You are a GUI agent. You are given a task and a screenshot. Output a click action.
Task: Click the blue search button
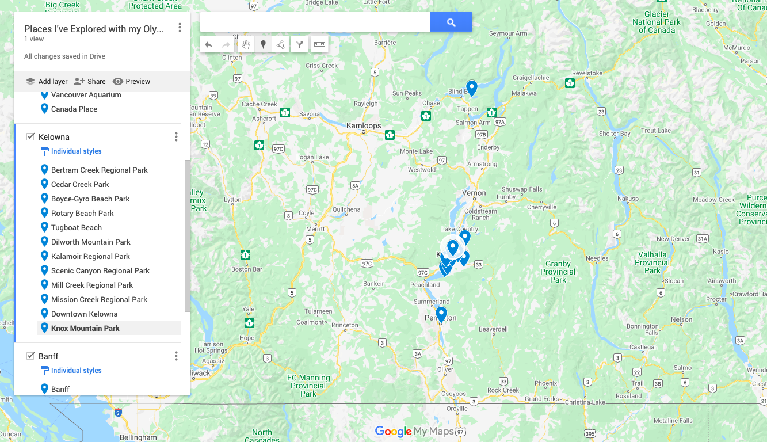tap(451, 22)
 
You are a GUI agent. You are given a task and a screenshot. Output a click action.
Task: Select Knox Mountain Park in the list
tap(85, 328)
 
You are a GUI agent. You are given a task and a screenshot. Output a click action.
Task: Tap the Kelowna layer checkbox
tap(30, 137)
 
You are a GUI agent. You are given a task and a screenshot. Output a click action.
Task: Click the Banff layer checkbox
tap(30, 356)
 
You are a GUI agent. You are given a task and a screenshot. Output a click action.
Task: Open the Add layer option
tap(47, 82)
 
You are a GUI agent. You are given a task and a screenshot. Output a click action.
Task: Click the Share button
tap(90, 82)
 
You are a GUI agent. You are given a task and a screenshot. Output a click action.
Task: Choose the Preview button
tap(131, 82)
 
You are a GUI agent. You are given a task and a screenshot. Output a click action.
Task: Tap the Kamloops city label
tap(364, 125)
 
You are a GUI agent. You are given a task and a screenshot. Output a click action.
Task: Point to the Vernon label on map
tap(474, 193)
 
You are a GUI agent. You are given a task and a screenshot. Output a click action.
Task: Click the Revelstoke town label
tap(587, 73)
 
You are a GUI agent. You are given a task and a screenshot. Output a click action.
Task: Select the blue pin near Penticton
tap(441, 314)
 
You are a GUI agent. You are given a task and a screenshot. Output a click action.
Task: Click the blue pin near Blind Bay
tap(472, 87)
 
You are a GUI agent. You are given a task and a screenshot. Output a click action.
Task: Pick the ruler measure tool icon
tap(319, 44)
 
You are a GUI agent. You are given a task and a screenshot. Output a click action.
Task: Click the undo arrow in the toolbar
tap(209, 44)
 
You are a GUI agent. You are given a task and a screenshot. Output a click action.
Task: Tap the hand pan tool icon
tap(246, 44)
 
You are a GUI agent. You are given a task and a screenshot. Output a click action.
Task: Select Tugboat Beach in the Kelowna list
tap(76, 227)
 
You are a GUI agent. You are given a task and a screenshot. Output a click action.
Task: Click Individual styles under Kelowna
tap(76, 151)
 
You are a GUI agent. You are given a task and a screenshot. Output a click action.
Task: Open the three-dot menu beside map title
tap(180, 28)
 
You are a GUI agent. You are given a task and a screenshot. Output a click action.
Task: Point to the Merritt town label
tap(315, 228)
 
